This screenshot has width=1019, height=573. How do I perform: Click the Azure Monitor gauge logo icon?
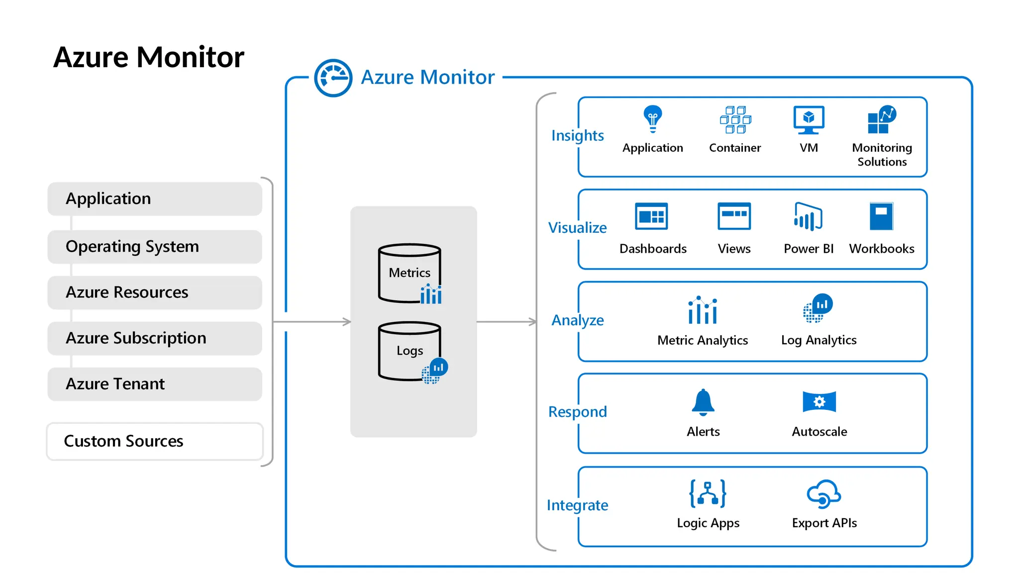333,78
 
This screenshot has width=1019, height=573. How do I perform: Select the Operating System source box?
155,247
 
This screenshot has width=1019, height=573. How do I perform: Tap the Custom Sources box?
155,441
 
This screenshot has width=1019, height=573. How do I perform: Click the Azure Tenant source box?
155,384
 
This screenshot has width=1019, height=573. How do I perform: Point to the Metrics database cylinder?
409,273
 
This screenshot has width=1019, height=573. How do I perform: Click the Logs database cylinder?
409,351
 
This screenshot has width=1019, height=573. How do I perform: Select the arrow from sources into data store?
312,322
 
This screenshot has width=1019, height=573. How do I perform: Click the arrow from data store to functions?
507,322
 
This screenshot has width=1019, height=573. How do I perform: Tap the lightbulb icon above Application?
652,119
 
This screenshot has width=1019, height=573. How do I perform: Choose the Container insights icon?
735,120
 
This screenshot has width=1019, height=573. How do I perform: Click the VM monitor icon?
809,120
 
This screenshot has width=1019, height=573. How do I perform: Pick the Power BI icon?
808,217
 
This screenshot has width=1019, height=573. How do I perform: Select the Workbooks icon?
881,216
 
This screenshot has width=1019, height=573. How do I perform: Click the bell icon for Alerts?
703,402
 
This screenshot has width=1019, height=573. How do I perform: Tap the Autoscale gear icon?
819,402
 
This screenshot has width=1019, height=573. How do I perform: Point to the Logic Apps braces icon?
708,493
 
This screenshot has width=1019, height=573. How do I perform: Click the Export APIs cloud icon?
823,494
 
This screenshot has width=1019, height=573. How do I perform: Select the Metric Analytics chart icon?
703,310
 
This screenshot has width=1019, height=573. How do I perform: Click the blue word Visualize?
577,228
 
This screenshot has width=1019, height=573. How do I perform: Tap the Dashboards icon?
651,216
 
